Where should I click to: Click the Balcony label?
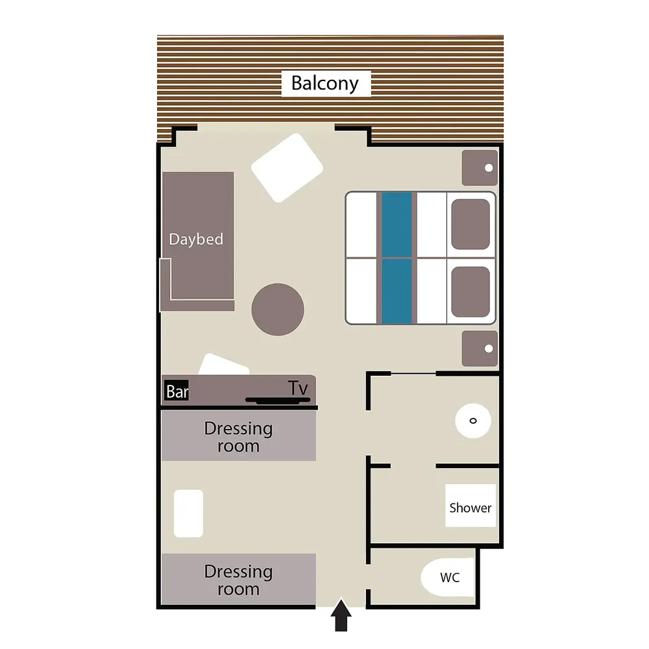pyautogui.click(x=325, y=83)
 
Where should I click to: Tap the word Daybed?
pyautogui.click(x=196, y=239)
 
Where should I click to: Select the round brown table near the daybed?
pyautogui.click(x=278, y=309)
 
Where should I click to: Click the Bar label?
pyautogui.click(x=177, y=391)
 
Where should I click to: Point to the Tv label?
pyautogui.click(x=298, y=388)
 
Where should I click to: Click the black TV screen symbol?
pyautogui.click(x=278, y=400)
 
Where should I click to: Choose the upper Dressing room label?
pyautogui.click(x=238, y=437)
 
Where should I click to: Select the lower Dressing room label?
pyautogui.click(x=238, y=580)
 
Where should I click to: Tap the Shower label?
pyautogui.click(x=470, y=508)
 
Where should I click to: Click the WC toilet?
pyautogui.click(x=447, y=578)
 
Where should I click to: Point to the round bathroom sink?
pyautogui.click(x=473, y=421)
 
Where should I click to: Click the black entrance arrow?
pyautogui.click(x=341, y=615)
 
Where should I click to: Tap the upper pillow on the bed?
pyautogui.click(x=471, y=224)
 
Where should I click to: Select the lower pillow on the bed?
pyautogui.click(x=471, y=292)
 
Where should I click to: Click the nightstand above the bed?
pyautogui.click(x=480, y=167)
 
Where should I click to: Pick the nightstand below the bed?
pyautogui.click(x=480, y=349)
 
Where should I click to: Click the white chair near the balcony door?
pyautogui.click(x=288, y=167)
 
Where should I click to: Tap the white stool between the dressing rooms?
pyautogui.click(x=188, y=513)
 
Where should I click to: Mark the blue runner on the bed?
pyautogui.click(x=397, y=258)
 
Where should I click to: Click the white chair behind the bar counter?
pyautogui.click(x=224, y=364)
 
